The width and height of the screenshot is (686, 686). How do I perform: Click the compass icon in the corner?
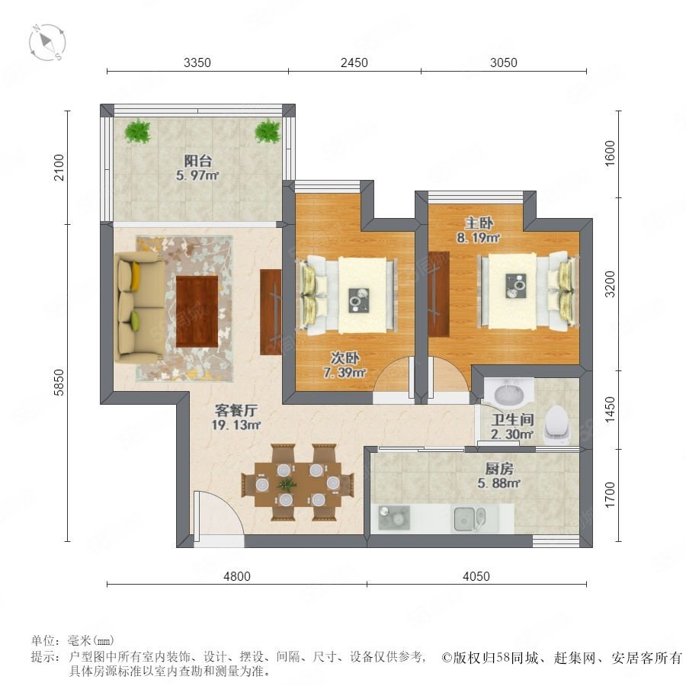[x=47, y=43]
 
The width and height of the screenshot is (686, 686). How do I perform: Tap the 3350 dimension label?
[x=197, y=63]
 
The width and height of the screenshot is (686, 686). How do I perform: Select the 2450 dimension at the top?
[x=354, y=63]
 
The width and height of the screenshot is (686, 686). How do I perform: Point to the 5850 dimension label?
[x=59, y=383]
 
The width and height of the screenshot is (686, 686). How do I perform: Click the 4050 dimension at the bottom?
[x=476, y=576]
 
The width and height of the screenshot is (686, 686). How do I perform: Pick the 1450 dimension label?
[x=610, y=410]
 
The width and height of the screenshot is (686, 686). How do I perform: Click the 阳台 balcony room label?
[x=197, y=161]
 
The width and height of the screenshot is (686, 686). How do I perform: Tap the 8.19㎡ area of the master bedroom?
[x=478, y=238]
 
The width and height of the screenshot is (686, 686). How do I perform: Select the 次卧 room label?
[x=345, y=358]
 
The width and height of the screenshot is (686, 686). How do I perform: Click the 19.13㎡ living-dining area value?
[x=236, y=425]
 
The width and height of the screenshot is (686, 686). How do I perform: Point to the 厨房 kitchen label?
[x=499, y=469]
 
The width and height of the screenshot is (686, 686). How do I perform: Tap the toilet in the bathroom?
[x=557, y=425]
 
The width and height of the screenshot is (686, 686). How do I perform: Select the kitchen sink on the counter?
[x=470, y=519]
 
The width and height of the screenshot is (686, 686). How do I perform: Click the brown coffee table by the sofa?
[x=197, y=311]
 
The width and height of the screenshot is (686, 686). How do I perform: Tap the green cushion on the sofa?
[x=135, y=321]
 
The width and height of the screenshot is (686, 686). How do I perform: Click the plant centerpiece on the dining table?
[x=287, y=484]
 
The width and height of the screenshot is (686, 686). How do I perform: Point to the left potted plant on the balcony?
[x=138, y=131]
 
